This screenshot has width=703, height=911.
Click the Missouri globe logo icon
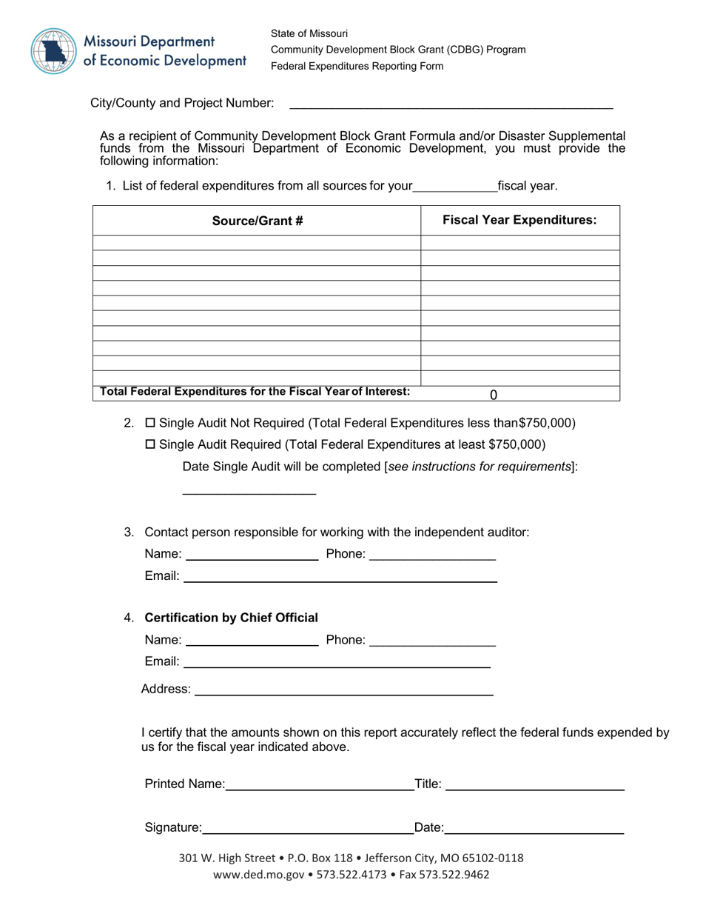pyautogui.click(x=53, y=50)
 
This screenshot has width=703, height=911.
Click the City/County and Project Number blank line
pyautogui.click(x=451, y=104)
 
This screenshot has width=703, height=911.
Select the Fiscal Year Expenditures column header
pyautogui.click(x=519, y=220)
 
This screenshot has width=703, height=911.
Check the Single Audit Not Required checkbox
pyautogui.click(x=150, y=424)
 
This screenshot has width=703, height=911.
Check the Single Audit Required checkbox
pyautogui.click(x=150, y=444)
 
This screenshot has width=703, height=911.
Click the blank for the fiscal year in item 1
pyautogui.click(x=455, y=186)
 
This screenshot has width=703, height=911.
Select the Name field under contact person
pyautogui.click(x=251, y=555)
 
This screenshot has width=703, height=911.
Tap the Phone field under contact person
pyautogui.click(x=432, y=555)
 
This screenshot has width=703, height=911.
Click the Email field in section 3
pyautogui.click(x=340, y=576)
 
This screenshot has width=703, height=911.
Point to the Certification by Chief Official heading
pyautogui.click(x=231, y=618)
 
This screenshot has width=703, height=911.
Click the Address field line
pyautogui.click(x=343, y=690)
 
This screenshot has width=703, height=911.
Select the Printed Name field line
pyautogui.click(x=320, y=784)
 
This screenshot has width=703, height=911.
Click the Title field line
pyautogui.click(x=534, y=784)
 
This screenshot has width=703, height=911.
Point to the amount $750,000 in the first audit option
pyautogui.click(x=547, y=424)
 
